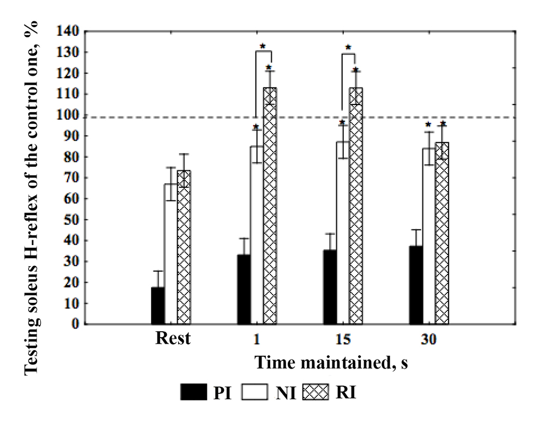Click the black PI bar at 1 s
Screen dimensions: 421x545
(244, 289)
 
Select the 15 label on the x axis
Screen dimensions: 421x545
(343, 339)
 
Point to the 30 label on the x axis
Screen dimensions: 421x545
(429, 339)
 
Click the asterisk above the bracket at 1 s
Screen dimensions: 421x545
(263, 46)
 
